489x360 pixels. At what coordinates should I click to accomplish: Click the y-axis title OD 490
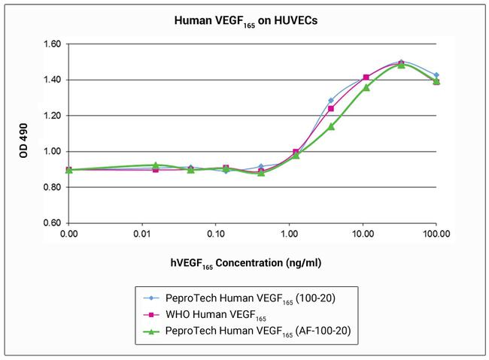[x=25, y=133]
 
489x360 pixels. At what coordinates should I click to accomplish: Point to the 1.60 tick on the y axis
[x=51, y=44]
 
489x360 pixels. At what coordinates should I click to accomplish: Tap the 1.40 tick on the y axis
[x=51, y=80]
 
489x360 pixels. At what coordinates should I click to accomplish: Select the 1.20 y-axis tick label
[x=51, y=116]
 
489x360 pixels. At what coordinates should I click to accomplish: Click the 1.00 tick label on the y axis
[x=51, y=151]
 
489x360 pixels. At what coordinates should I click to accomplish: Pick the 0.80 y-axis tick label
[x=51, y=187]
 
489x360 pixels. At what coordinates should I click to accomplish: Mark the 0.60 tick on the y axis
[x=51, y=223]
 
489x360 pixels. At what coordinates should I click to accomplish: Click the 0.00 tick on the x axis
[x=69, y=234]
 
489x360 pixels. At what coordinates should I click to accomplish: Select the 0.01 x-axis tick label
[x=142, y=234]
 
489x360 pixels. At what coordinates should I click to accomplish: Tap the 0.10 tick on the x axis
[x=216, y=234]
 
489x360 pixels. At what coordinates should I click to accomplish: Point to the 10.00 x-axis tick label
[x=363, y=234]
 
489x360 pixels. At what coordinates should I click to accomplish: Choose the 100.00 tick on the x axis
[x=436, y=234]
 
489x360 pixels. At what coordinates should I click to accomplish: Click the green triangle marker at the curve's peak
[x=401, y=65]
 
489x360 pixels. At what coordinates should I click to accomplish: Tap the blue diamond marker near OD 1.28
[x=330, y=100]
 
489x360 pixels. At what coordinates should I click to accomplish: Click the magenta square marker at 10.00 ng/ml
[x=366, y=77]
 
